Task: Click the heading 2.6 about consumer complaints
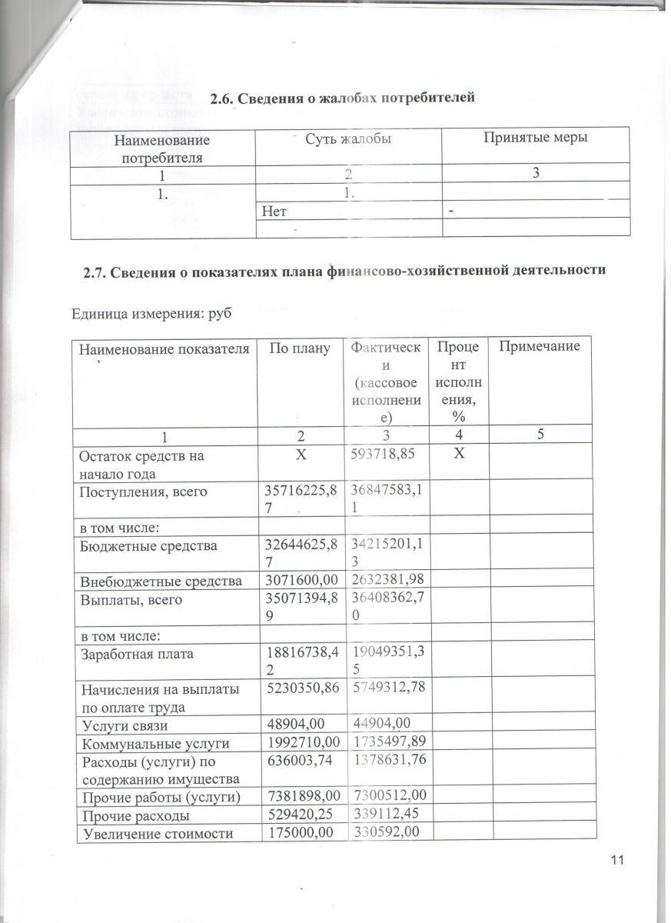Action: pos(343,98)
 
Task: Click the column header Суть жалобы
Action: pos(350,139)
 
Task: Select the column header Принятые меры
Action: pos(536,138)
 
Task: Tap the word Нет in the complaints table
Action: pos(274,209)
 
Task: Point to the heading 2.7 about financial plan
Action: pos(344,271)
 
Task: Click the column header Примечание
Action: pos(539,347)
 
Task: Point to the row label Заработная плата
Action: pos(137,654)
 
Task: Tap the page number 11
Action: pos(621,858)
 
